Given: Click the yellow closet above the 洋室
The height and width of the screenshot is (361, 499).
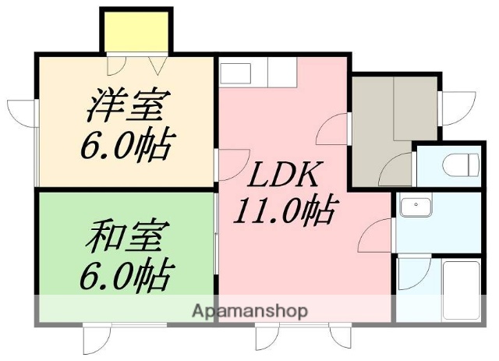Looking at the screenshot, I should pos(135,30).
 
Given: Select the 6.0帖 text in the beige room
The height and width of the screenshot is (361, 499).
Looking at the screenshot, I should pos(125,145).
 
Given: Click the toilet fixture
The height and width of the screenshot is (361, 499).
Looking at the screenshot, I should pos(465,165).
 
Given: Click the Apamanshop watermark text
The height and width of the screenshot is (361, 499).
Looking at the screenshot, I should pos(249,311).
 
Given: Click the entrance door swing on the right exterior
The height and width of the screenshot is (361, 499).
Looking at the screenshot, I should pos(460,105).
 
